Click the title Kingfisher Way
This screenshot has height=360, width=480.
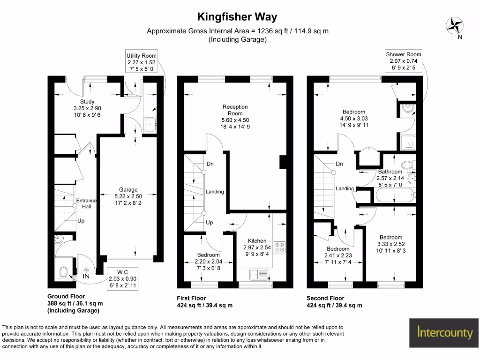[x=237, y=17]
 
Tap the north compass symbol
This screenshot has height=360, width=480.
[x=454, y=25]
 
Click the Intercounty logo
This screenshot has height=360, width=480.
[x=444, y=333]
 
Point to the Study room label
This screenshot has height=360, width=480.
[x=87, y=102]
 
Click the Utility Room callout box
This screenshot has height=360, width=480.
[x=141, y=62]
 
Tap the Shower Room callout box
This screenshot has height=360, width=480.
[x=404, y=61]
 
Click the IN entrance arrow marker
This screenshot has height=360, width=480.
[x=86, y=272]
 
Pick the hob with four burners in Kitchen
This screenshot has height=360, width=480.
[x=280, y=247]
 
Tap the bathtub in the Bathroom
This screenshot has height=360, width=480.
[x=395, y=194]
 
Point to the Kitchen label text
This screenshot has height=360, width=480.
[x=257, y=240]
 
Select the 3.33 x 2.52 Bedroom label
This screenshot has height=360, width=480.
[x=391, y=237]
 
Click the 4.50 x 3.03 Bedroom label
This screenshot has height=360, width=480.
[x=353, y=112]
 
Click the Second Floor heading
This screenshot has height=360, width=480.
[x=325, y=298]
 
